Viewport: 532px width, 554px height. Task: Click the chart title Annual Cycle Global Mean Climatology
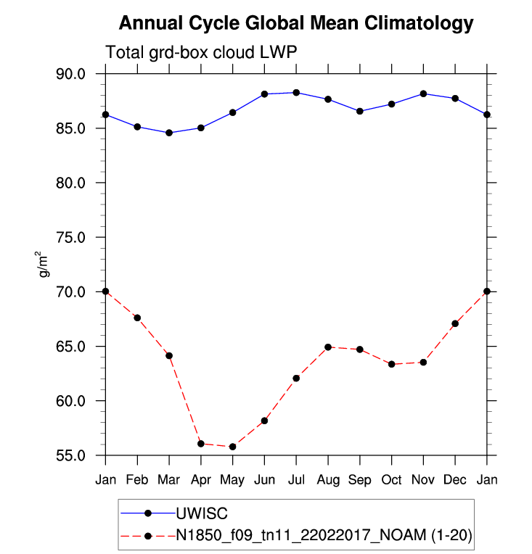coord(295,23)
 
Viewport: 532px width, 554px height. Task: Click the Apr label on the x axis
coord(200,480)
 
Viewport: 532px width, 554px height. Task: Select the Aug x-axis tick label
coord(328,480)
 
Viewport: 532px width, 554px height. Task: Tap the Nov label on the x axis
coord(423,480)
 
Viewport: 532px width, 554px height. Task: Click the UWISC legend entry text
coord(202,513)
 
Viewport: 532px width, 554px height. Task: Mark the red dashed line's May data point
coord(232,447)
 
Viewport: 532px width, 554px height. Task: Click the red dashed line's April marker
coord(201,443)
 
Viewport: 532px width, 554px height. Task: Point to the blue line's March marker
coord(169,133)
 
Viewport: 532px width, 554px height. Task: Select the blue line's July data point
coord(296,93)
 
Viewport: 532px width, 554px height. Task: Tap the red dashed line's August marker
coord(328,347)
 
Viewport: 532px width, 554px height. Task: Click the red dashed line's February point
coord(137,318)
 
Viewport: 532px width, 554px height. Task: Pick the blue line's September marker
coord(360,111)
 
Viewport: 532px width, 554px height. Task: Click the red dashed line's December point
coord(455,323)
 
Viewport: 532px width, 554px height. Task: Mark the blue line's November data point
coord(423,94)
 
